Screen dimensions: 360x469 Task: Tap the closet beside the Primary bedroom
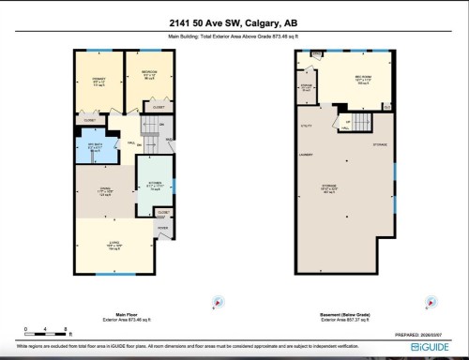coord(91,120)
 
